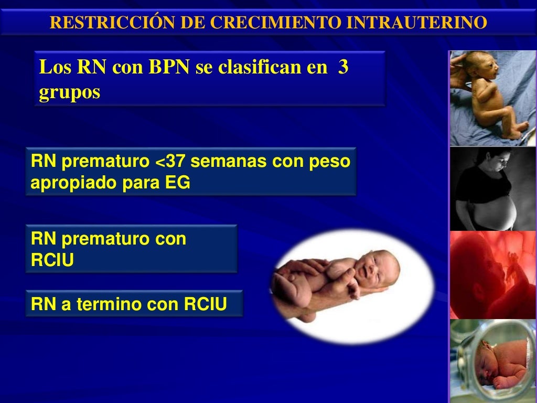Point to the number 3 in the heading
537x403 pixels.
[x=343, y=68]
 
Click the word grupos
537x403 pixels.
[x=69, y=92]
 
